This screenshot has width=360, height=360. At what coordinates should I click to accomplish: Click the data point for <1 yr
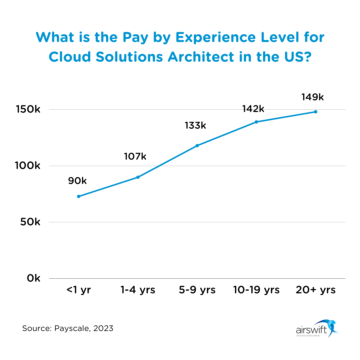click(x=79, y=196)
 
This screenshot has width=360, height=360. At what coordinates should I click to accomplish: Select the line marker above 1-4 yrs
click(x=138, y=177)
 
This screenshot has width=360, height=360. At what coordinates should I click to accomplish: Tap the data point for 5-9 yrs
click(x=197, y=146)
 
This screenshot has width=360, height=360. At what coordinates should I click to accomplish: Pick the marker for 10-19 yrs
click(x=256, y=122)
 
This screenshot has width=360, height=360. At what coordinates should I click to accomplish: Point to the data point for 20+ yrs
click(x=316, y=112)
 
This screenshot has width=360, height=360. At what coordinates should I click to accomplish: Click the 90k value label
click(x=77, y=181)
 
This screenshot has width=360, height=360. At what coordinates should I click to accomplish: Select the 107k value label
click(x=135, y=156)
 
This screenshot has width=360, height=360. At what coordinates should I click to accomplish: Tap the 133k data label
click(x=195, y=126)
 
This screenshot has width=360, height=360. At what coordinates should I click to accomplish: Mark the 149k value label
click(x=313, y=97)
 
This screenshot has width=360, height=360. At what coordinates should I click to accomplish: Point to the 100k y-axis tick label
click(x=27, y=166)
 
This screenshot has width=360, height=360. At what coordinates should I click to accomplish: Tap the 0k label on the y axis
click(x=33, y=278)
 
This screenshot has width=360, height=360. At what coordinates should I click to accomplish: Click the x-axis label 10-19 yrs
click(x=256, y=290)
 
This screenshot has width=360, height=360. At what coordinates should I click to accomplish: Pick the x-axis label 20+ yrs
click(x=316, y=290)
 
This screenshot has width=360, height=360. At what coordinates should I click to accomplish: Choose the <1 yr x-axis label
click(x=79, y=290)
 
